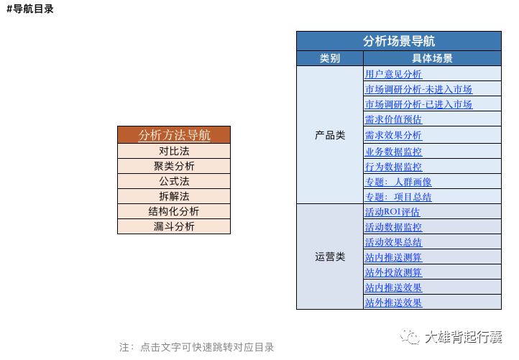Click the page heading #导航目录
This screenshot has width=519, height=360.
tap(30, 9)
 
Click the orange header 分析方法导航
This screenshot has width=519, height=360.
tap(174, 135)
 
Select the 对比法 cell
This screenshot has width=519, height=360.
tap(174, 151)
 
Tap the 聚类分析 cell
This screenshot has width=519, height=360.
tap(174, 166)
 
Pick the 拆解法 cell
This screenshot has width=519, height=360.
tap(174, 196)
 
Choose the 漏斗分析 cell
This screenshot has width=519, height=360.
tap(174, 226)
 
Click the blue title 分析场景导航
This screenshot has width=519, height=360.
tap(399, 41)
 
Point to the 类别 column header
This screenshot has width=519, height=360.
tap(330, 58)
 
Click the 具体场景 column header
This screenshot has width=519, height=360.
tap(432, 58)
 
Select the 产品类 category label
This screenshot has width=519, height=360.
tap(330, 135)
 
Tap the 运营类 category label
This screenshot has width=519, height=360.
tap(330, 257)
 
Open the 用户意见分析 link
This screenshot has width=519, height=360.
tap(393, 74)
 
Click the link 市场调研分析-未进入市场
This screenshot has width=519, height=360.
tap(418, 89)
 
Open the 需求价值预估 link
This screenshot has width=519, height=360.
tap(393, 119)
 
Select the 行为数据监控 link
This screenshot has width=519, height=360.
tap(393, 167)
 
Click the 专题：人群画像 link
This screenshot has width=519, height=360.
tap(398, 182)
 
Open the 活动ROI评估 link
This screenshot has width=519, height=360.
tap(392, 212)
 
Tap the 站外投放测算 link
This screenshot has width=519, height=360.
tap(393, 272)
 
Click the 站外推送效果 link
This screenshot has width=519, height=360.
tap(393, 303)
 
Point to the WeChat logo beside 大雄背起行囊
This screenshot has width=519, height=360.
tap(410, 336)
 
